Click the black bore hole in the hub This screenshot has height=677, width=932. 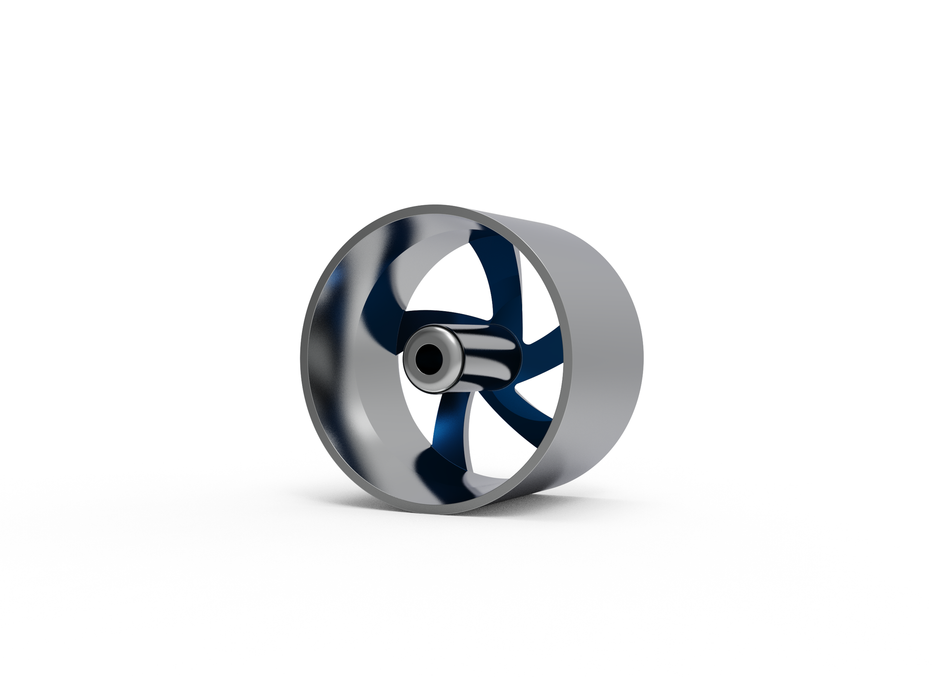click(x=427, y=360)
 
